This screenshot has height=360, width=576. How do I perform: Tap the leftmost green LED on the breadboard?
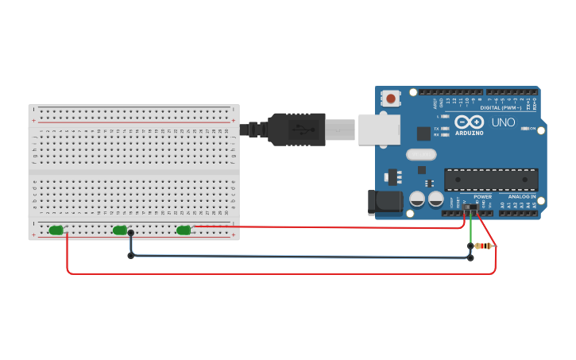(x=56, y=230)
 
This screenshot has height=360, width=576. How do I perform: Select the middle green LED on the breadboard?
(x=120, y=230)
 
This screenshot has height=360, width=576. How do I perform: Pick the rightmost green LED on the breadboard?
(x=184, y=230)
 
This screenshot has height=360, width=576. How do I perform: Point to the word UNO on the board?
(x=504, y=123)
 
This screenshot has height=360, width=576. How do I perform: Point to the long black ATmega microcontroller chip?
(x=491, y=180)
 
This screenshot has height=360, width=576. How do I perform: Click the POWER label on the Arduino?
(x=482, y=196)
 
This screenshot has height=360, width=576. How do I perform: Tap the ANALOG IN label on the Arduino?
(x=522, y=196)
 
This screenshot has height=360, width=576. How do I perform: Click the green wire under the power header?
(x=471, y=230)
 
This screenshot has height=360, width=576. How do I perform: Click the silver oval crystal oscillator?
(x=421, y=155)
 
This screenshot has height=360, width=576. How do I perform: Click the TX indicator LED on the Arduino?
(x=444, y=128)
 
